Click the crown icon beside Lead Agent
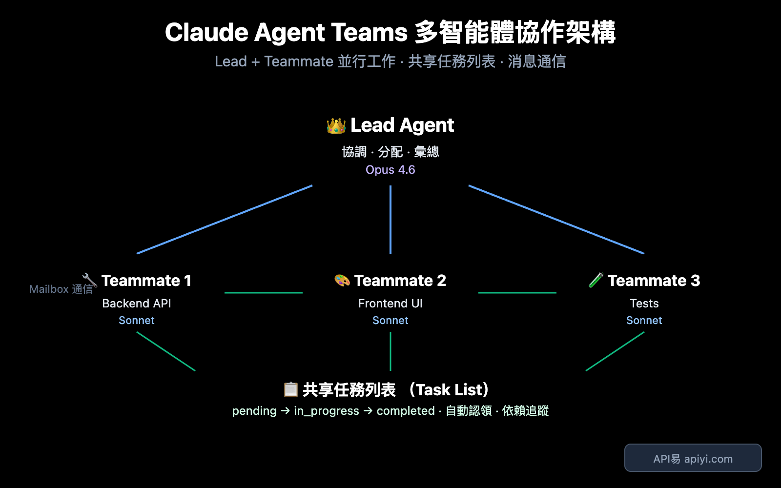pyautogui.click(x=336, y=126)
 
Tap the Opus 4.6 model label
pyautogui.click(x=390, y=170)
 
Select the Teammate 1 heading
pyautogui.click(x=146, y=281)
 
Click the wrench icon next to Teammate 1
pyautogui.click(x=90, y=280)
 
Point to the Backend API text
pyautogui.click(x=137, y=304)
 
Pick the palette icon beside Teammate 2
pyautogui.click(x=342, y=281)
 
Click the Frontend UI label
pyautogui.click(x=390, y=304)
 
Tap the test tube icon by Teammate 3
pyautogui.click(x=596, y=280)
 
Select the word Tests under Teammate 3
pyautogui.click(x=644, y=304)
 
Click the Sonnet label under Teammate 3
pyautogui.click(x=644, y=321)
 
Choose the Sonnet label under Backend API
pyautogui.click(x=137, y=321)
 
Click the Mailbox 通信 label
pyautogui.click(x=61, y=289)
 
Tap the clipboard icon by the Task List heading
pyautogui.click(x=290, y=389)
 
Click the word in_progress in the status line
pyautogui.click(x=326, y=411)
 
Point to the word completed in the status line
pyautogui.click(x=405, y=411)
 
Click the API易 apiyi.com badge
pyautogui.click(x=693, y=458)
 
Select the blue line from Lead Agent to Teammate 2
pyautogui.click(x=390, y=220)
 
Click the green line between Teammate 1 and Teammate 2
pyautogui.click(x=264, y=293)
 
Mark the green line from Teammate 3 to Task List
pyautogui.click(x=615, y=351)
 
